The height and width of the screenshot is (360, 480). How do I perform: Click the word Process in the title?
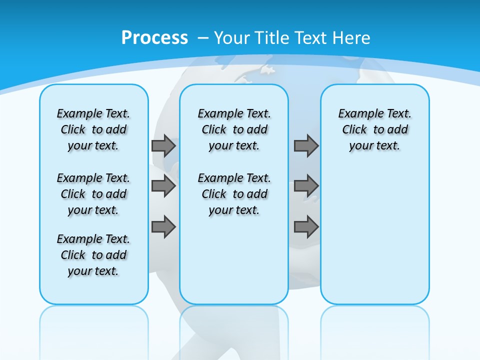point(154,37)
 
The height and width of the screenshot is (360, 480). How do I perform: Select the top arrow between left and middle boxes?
point(163,145)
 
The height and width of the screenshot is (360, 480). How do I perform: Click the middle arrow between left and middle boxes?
point(163,186)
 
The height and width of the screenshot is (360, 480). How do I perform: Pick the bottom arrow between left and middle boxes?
point(163,227)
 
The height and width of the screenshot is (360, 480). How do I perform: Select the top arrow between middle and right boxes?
point(306,145)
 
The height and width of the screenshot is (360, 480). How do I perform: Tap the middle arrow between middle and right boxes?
point(306,186)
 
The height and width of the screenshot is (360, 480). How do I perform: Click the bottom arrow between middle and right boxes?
point(306,227)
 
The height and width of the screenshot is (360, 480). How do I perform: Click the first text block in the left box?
point(93,129)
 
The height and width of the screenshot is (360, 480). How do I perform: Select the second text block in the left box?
point(93,194)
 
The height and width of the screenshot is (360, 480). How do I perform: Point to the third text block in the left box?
point(93,255)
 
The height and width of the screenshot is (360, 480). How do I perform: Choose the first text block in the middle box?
point(234,129)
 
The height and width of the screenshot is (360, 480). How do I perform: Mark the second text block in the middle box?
point(234,194)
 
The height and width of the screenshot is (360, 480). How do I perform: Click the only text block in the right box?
point(374,129)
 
